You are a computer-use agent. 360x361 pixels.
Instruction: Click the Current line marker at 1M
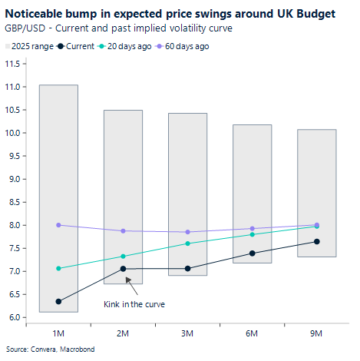(x=58, y=301)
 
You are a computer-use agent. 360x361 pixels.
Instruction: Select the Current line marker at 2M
(x=124, y=269)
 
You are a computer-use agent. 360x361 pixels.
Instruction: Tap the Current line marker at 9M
(x=316, y=242)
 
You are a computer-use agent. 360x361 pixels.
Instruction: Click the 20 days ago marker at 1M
(x=58, y=268)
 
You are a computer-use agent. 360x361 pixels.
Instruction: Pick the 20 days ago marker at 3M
(x=187, y=243)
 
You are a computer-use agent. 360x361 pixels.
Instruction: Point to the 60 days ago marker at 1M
(x=58, y=225)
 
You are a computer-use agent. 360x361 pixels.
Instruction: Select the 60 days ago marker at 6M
(x=252, y=228)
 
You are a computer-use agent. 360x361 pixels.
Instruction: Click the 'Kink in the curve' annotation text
(x=134, y=304)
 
